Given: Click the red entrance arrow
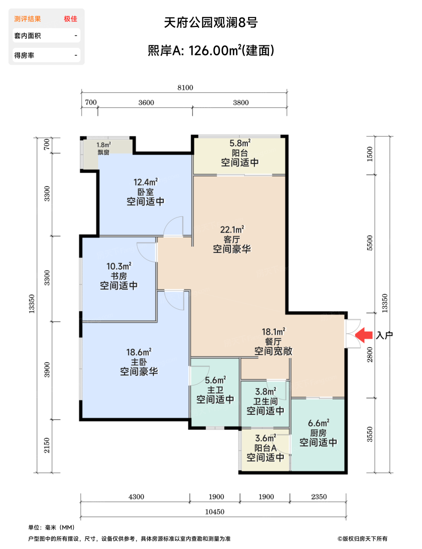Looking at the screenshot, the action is click(364, 335).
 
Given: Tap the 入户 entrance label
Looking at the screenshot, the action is click(384, 335).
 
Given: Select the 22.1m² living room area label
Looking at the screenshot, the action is click(232, 230).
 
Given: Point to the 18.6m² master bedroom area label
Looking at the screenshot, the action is click(139, 352).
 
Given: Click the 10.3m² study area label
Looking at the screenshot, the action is click(119, 266).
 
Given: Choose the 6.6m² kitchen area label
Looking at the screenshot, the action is click(318, 423).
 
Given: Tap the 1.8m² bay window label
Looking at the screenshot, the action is click(104, 145).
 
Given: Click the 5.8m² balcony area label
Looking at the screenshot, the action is click(240, 143).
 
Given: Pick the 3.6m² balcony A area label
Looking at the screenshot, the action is click(266, 438).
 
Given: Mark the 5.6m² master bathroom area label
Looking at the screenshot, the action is click(215, 380).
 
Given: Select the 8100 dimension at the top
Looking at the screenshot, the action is click(185, 88).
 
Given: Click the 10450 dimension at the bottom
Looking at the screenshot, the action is click(215, 512).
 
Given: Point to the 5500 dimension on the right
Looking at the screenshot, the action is click(370, 243).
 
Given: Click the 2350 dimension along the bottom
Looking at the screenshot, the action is click(319, 497).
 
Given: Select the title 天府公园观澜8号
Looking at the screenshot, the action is click(211, 22).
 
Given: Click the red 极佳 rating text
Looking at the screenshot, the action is click(71, 19).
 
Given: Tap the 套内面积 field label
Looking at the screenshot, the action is click(27, 36).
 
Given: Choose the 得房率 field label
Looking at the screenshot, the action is click(24, 55).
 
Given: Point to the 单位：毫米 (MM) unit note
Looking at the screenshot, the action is click(51, 527).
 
